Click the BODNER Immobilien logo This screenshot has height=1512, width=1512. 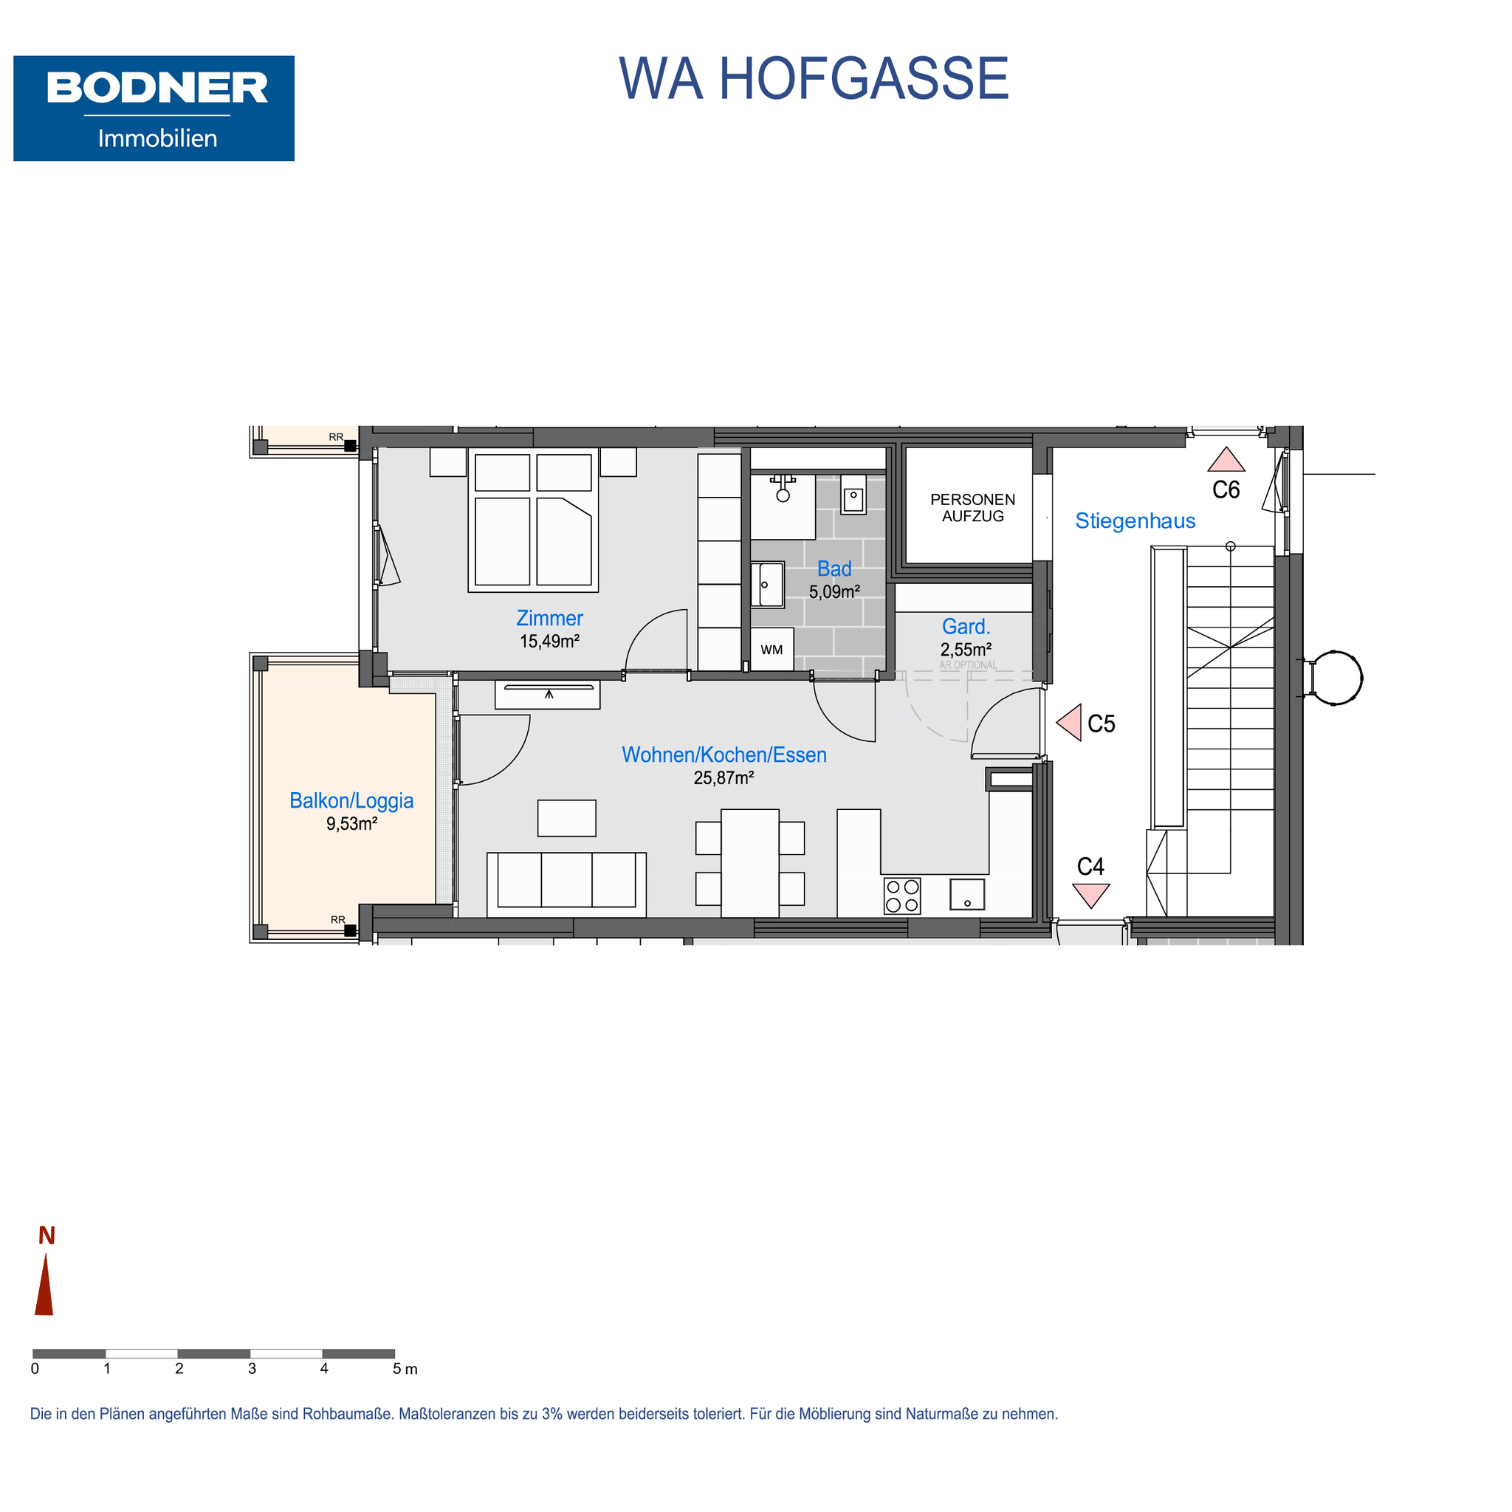click(154, 108)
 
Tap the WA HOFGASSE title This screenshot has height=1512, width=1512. click(813, 79)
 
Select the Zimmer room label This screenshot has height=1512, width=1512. click(549, 617)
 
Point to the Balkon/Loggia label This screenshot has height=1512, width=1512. click(351, 800)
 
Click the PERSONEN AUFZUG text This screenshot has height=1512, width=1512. click(973, 507)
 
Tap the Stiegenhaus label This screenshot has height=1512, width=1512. click(1135, 521)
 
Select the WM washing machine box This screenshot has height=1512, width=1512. click(772, 650)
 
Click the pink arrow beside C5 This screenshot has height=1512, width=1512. click(1069, 721)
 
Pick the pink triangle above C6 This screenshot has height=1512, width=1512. click(1226, 459)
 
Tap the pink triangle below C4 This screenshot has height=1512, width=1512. click(1091, 896)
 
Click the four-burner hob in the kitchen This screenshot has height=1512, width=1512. click(902, 896)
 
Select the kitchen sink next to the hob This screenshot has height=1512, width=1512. click(967, 894)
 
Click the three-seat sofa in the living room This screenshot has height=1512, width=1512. click(566, 884)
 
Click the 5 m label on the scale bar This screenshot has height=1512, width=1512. click(405, 1369)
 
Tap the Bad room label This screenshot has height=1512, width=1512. click(834, 569)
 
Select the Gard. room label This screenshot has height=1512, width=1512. click(966, 626)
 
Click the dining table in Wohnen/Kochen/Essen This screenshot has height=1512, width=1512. click(750, 863)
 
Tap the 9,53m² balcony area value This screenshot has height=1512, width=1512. click(351, 823)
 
